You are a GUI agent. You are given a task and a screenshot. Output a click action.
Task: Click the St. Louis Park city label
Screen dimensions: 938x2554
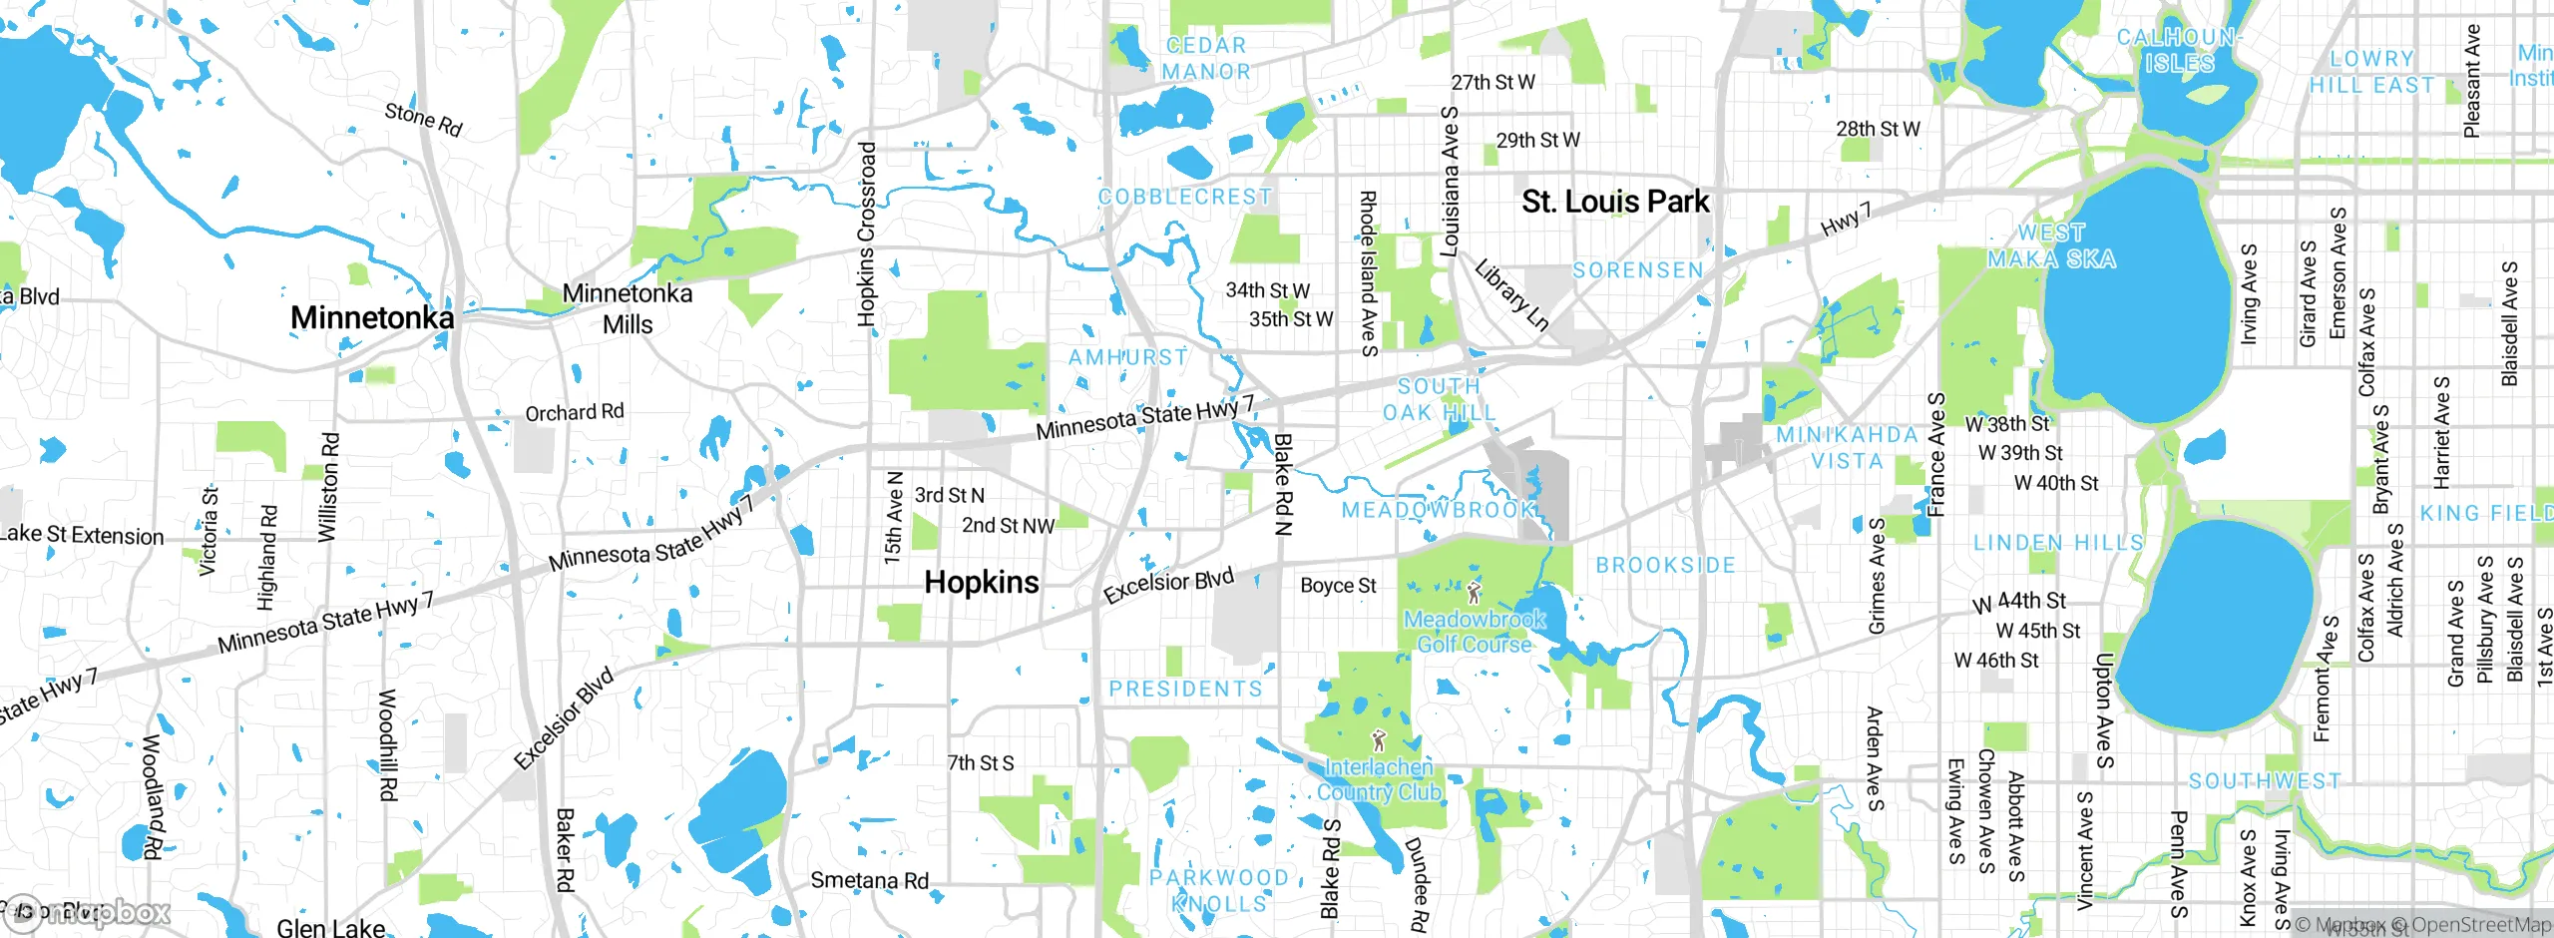(x=1615, y=202)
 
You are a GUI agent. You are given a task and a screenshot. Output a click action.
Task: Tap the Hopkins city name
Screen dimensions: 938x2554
(x=982, y=583)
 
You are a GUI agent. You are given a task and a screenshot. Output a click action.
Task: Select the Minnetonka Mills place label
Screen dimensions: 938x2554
(x=628, y=308)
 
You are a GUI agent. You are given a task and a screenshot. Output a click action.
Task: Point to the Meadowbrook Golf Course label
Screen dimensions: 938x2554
(x=1475, y=632)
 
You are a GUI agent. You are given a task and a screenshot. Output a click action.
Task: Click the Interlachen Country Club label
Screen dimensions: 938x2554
(x=1379, y=779)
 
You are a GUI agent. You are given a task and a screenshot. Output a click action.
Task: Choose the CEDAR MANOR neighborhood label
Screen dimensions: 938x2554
(x=1206, y=59)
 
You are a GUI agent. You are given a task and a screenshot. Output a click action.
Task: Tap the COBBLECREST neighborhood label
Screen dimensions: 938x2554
(x=1185, y=197)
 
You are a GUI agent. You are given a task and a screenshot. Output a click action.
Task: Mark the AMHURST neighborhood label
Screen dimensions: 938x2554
(x=1128, y=357)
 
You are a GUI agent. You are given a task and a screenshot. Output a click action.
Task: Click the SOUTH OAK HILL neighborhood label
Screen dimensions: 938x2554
(x=1439, y=399)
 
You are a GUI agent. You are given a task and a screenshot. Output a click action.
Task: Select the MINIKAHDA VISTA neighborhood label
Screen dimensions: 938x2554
(x=1847, y=448)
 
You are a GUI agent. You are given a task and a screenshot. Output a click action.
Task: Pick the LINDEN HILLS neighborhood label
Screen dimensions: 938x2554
(x=2058, y=543)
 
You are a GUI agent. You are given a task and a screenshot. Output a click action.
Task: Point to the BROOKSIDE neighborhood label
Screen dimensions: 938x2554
(x=1665, y=566)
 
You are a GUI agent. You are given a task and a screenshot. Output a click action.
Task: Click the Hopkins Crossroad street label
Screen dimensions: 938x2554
(x=867, y=234)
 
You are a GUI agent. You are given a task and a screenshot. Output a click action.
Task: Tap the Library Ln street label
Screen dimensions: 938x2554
(x=1511, y=294)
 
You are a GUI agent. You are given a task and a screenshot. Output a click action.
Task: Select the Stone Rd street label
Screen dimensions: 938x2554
(x=424, y=120)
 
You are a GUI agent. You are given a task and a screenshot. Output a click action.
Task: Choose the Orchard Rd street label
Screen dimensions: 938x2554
(x=575, y=412)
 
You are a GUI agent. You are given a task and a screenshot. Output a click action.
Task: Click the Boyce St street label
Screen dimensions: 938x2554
(x=1338, y=586)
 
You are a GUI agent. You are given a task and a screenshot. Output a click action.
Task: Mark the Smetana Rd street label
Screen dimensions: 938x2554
(x=869, y=880)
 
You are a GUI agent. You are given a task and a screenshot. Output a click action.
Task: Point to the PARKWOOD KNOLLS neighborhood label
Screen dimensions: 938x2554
(x=1218, y=890)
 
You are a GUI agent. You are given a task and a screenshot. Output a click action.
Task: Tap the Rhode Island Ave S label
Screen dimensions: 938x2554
(x=1368, y=273)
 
